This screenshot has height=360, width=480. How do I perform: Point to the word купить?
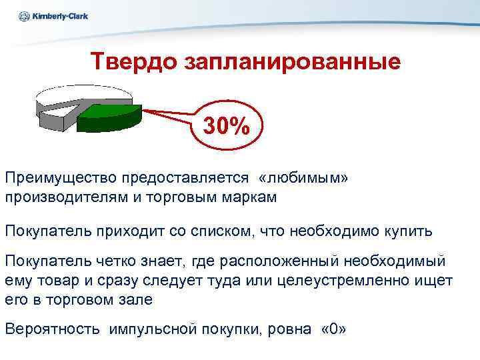coord(407,231)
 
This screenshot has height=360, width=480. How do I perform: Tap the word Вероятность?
coord(53,329)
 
